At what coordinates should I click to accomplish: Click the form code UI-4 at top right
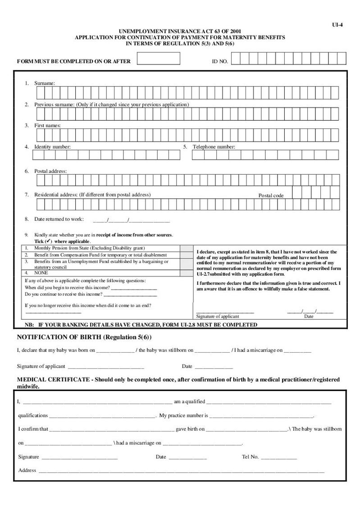pos(337,25)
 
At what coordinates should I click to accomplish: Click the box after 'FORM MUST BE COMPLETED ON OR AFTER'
pos(158,59)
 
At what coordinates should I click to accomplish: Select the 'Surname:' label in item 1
pos(45,83)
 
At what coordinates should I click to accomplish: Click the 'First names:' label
pos(47,125)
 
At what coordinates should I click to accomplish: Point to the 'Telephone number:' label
pos(214,147)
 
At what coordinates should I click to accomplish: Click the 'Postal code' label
pos(271,195)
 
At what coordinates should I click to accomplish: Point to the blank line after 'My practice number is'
pos(261,415)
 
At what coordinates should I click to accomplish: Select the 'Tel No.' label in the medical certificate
pos(250,457)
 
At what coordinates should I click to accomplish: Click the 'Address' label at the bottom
pos(27,470)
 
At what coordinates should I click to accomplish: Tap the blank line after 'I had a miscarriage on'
pos(297,350)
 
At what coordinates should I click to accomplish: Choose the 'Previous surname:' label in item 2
pos(55,105)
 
